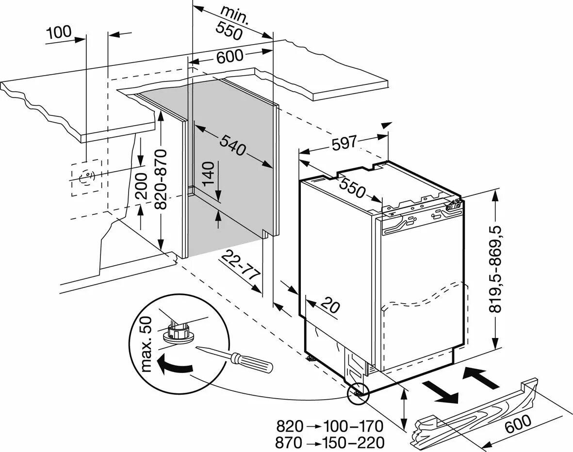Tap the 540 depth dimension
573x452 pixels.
pyautogui.click(x=232, y=144)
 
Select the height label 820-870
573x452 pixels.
pyautogui.click(x=162, y=179)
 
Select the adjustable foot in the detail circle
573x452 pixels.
pyautogui.click(x=179, y=332)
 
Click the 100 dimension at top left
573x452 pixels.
pyautogui.click(x=59, y=32)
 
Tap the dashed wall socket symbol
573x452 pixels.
pyautogui.click(x=86, y=178)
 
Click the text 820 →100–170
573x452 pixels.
pyautogui.click(x=330, y=427)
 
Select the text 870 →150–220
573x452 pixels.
pyautogui.click(x=330, y=442)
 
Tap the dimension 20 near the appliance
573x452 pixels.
pyautogui.click(x=329, y=307)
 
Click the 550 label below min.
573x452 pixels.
pyautogui.click(x=229, y=31)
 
